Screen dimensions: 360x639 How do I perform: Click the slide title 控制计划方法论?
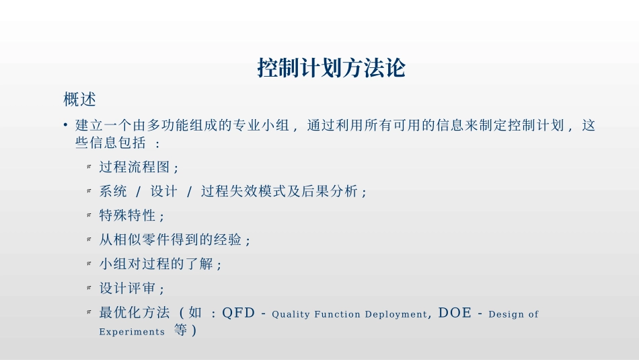coord(332,68)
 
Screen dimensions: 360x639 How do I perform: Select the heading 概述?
coord(80,100)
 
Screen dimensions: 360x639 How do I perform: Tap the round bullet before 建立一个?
coord(66,125)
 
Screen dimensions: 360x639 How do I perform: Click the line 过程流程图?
coord(139,167)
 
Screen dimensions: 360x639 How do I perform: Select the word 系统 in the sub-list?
coord(113,191)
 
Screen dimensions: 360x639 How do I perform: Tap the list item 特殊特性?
coord(131,215)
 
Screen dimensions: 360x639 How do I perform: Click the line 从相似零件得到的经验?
coord(175,240)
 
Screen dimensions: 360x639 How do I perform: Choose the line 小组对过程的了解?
coord(160,264)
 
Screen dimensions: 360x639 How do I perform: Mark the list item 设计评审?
coord(131,288)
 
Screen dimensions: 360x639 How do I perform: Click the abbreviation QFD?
coord(238,313)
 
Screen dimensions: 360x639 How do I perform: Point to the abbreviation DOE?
coord(455,313)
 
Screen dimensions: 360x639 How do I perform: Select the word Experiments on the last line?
coord(132,332)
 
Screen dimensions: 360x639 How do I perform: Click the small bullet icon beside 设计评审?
coord(89,288)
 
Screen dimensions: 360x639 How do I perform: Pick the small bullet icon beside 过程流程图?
coord(89,167)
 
